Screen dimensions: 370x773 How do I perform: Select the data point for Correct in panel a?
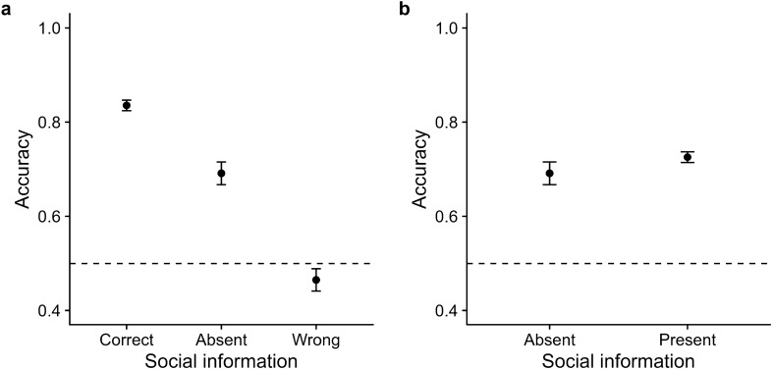[x=127, y=105]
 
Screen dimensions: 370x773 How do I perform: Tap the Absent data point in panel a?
[x=221, y=173]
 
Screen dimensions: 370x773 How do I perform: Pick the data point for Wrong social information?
[x=316, y=280]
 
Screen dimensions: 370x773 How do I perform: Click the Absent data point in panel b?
[x=550, y=173]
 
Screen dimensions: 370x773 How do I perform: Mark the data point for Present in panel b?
[x=688, y=157]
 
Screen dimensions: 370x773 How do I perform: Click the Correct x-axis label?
[x=126, y=341]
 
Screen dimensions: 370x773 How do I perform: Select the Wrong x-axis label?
[x=316, y=341]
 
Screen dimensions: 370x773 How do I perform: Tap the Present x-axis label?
[x=688, y=341]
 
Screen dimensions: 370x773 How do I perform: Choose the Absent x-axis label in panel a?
[x=221, y=341]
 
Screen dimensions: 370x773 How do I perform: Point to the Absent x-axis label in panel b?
[x=550, y=341]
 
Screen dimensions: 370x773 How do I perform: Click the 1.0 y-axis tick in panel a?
[x=50, y=28]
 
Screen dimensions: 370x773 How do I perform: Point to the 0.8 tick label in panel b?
[x=443, y=123]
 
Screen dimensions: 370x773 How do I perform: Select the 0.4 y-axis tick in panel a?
[x=50, y=311]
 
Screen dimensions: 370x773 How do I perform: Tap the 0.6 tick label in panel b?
[x=443, y=217]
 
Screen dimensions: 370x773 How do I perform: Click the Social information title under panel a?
[x=221, y=361]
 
